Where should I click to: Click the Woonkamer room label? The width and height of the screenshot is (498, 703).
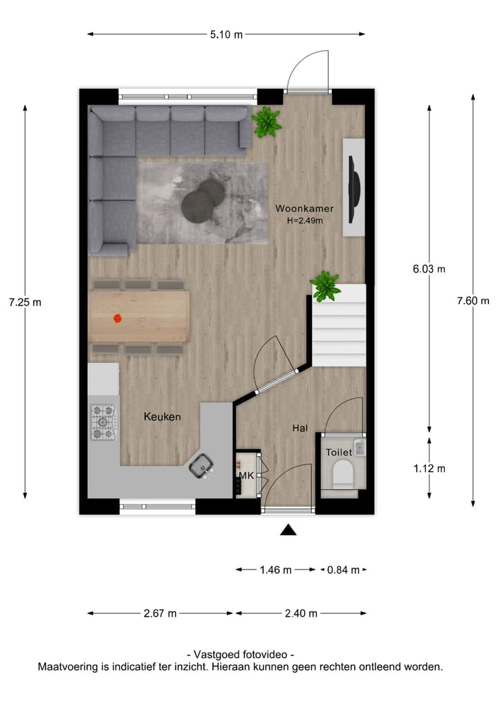point(304,208)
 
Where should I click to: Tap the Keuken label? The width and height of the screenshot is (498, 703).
point(163,417)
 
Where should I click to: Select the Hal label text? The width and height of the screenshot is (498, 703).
point(299,429)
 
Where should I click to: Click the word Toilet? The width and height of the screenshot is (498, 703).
point(339,452)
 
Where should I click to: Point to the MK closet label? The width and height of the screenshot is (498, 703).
point(246,476)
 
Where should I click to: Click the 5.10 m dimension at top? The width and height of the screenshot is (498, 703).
point(226,34)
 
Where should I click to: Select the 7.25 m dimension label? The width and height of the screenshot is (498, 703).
point(25,302)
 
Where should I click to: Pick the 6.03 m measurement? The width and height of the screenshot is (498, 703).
point(429,269)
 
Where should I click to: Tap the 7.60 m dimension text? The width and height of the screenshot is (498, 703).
point(472,300)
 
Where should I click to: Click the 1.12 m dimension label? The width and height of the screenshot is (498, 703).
point(429,468)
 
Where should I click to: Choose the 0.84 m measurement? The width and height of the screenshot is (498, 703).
point(343,570)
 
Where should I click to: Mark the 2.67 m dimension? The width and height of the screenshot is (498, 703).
point(160,613)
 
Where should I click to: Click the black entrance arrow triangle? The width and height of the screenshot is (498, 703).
point(288,530)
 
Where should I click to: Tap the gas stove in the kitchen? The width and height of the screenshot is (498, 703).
point(104,422)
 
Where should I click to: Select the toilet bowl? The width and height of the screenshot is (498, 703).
point(343,475)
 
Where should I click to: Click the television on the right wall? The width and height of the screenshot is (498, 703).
point(354,187)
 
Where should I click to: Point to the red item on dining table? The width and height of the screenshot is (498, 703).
point(118,319)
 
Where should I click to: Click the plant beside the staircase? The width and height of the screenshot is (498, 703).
point(324,285)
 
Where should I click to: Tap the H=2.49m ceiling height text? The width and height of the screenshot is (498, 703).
point(305,221)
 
